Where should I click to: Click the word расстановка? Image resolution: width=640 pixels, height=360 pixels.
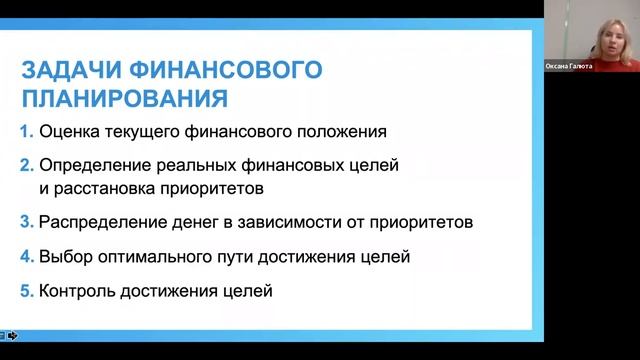(x=111, y=187)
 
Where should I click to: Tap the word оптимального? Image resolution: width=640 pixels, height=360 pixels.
(x=150, y=257)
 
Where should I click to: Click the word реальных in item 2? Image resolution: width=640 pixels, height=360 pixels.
(x=194, y=165)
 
